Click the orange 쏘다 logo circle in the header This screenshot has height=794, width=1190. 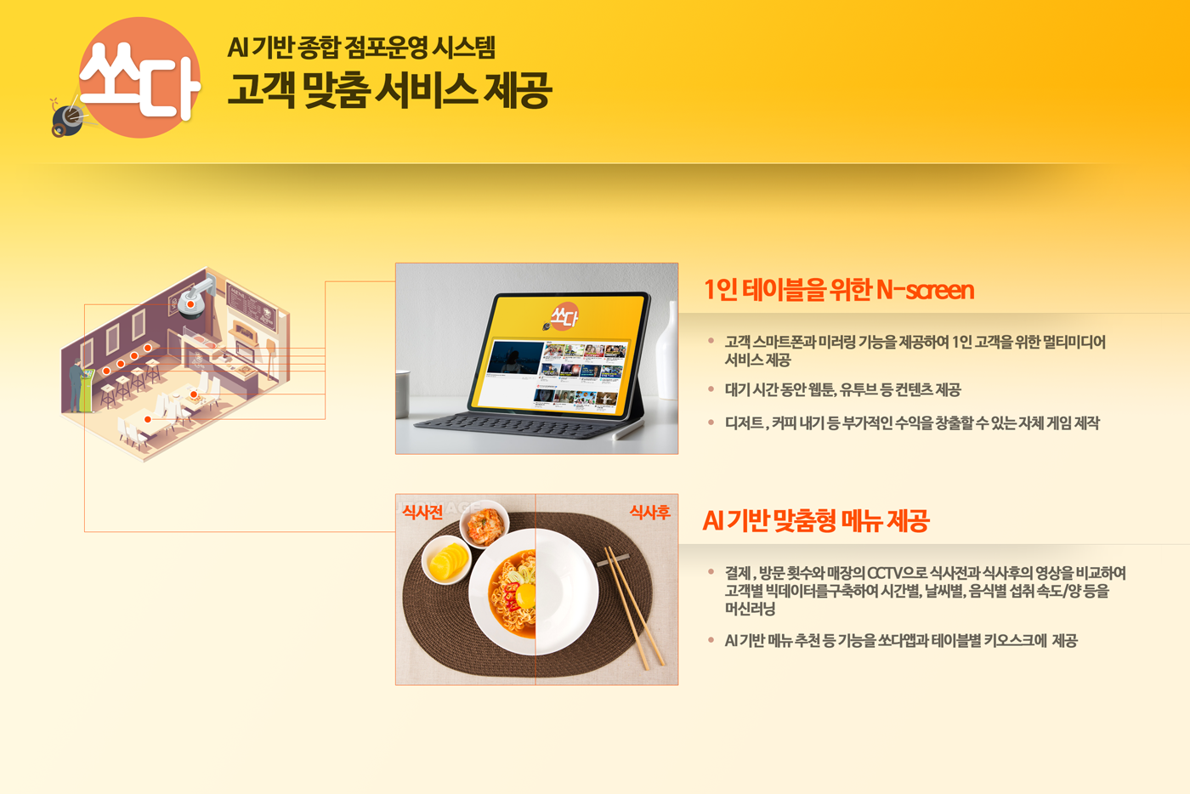(139, 77)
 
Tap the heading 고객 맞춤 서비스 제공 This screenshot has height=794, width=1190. (389, 90)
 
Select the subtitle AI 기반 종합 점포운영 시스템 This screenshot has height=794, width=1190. (361, 48)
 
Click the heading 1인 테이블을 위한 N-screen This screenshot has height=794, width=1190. (839, 290)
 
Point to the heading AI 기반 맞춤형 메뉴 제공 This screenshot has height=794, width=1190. (816, 520)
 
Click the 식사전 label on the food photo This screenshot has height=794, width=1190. (422, 513)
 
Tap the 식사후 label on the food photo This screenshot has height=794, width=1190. (649, 513)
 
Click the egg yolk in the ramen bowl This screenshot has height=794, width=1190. (524, 597)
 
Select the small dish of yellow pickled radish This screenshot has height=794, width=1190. (447, 560)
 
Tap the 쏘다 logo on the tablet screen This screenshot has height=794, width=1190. (563, 317)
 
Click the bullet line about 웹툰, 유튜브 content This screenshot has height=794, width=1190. (842, 390)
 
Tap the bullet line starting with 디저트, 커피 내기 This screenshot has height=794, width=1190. (911, 423)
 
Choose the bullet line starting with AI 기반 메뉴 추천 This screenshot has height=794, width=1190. (901, 641)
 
